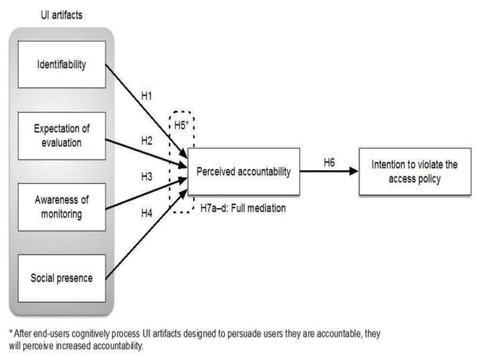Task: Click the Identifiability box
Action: point(62,64)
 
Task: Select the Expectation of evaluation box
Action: point(62,136)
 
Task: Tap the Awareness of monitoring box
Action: point(62,207)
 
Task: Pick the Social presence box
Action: point(62,278)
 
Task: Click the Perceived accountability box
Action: point(243,172)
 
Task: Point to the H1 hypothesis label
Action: point(148,96)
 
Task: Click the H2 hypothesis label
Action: point(148,141)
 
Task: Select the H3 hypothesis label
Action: point(148,176)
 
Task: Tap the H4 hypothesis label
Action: point(148,213)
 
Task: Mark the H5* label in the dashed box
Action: point(181,126)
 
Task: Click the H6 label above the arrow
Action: point(329,162)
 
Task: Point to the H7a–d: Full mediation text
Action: point(243,209)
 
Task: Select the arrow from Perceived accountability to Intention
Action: point(329,172)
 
